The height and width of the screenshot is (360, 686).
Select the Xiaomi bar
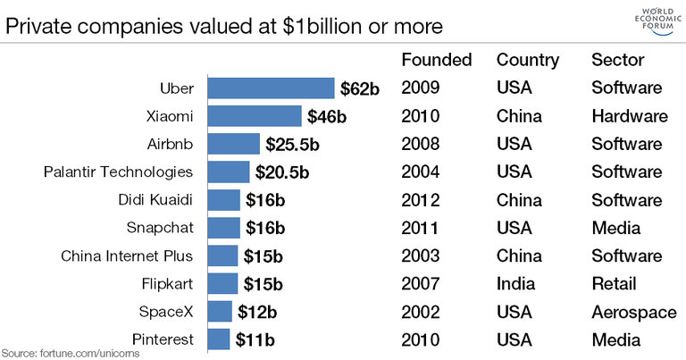[255, 116]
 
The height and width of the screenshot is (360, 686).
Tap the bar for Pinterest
[219, 339]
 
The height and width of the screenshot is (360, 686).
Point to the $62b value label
[362, 88]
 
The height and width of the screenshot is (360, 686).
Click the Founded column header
[437, 60]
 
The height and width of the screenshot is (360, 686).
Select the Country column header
[528, 60]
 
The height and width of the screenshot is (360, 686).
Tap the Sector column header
[618, 60]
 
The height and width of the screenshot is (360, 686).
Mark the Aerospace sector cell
[632, 312]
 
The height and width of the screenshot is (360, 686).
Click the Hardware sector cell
[630, 116]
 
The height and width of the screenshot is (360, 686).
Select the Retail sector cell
[614, 284]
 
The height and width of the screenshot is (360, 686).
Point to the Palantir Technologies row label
[118, 172]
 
